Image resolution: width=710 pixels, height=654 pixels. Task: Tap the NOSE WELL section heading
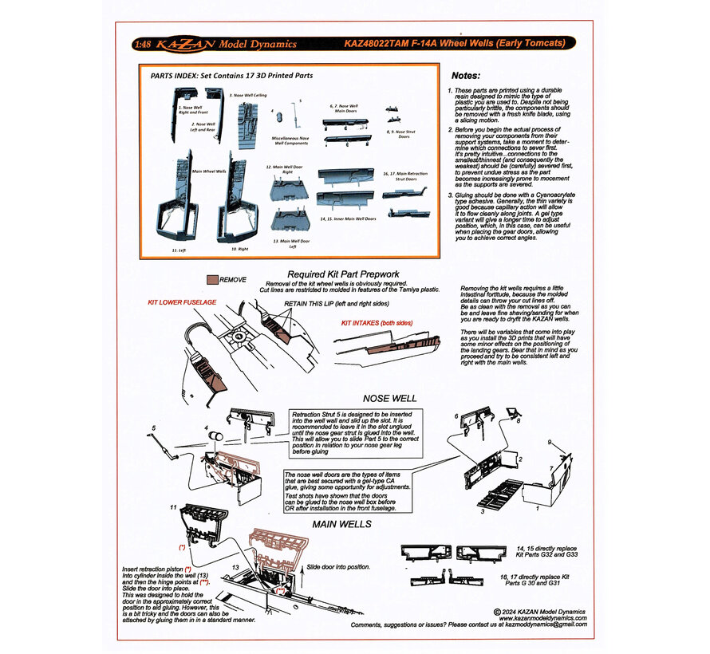tap(390, 397)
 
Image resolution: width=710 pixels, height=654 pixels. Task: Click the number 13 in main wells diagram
tap(235, 568)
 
